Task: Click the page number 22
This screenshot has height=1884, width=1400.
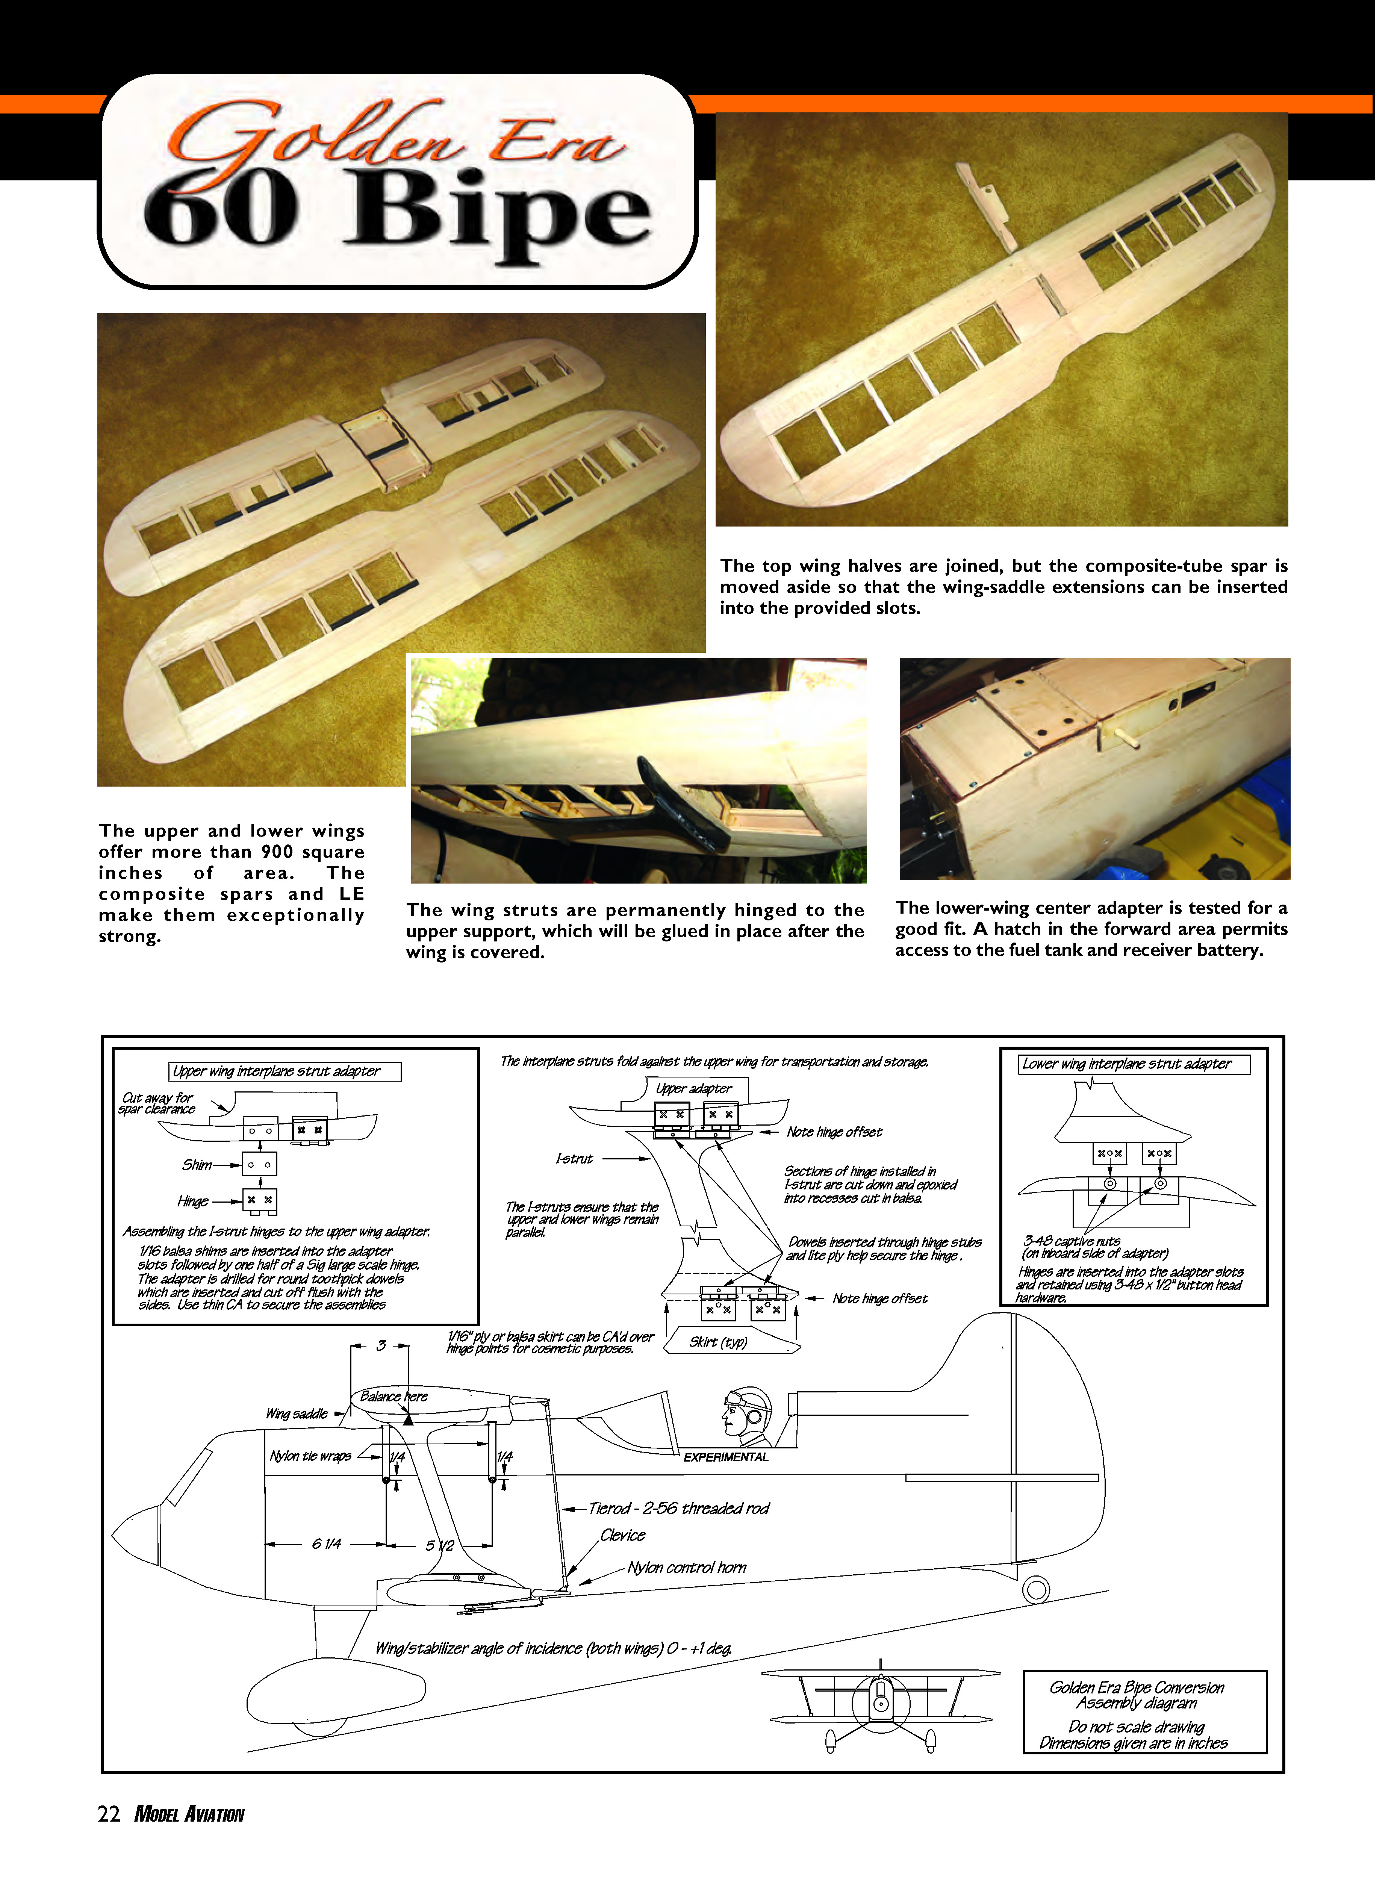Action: tap(109, 1814)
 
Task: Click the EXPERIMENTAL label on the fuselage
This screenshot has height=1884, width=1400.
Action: tap(725, 1457)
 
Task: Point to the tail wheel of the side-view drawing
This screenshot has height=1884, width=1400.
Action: tap(1035, 1589)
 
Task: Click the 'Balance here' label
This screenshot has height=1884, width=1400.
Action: tap(394, 1396)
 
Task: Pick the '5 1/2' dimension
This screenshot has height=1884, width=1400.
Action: tap(440, 1545)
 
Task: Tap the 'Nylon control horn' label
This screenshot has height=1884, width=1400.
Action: tap(686, 1568)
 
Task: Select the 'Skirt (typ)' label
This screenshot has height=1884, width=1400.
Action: tap(718, 1342)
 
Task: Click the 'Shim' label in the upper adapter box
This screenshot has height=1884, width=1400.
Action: tap(197, 1164)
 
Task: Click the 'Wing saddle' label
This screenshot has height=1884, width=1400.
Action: tap(297, 1413)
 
